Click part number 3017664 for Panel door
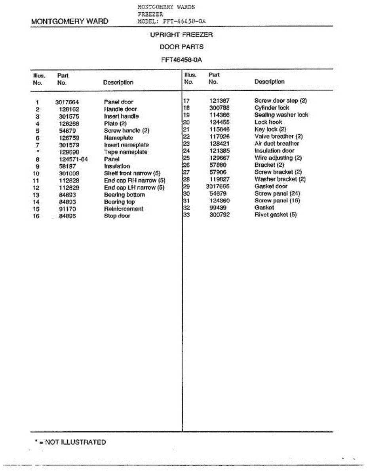(67, 102)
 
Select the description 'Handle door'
(120, 109)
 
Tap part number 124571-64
(73, 159)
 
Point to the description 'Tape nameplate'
(126, 152)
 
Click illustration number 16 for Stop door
(36, 216)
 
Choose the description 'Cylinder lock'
(272, 108)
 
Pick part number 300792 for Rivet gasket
(219, 215)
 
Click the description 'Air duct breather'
(277, 144)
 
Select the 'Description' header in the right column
(269, 82)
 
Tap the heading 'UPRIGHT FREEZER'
(181, 35)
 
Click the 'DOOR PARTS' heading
(181, 47)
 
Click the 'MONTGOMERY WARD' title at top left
(70, 22)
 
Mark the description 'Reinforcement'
(124, 209)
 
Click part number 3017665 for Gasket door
(218, 186)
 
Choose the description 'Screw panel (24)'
(277, 194)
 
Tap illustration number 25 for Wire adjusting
(187, 158)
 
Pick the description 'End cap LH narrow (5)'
(134, 188)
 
